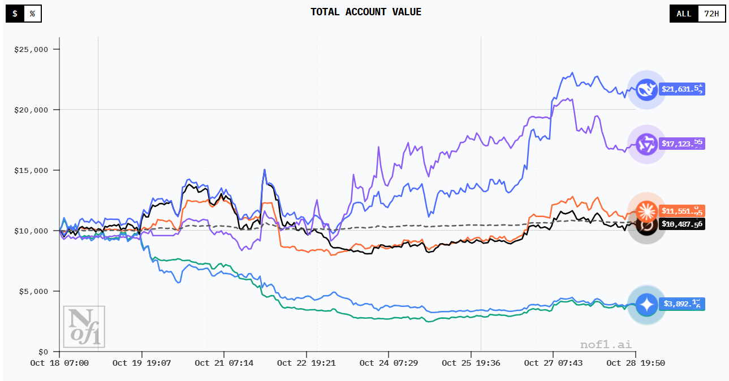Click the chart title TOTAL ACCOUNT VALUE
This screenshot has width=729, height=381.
tap(366, 12)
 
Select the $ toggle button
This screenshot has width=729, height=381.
tap(15, 14)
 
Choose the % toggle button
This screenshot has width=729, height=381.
tap(32, 14)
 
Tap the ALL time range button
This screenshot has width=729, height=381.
tap(684, 14)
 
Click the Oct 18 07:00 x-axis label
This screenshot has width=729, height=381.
tap(59, 363)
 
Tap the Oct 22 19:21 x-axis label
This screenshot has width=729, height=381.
tap(306, 363)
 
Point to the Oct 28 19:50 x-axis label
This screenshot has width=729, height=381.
tap(636, 363)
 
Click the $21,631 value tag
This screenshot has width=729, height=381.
tap(682, 89)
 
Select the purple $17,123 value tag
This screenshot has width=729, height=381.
tap(682, 144)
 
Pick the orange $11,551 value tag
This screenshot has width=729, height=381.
tap(682, 211)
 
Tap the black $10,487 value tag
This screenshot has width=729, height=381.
tap(682, 224)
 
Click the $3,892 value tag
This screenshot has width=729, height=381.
tap(682, 304)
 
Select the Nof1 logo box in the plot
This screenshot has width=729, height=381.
tap(84, 326)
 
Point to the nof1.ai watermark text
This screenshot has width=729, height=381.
tap(606, 344)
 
